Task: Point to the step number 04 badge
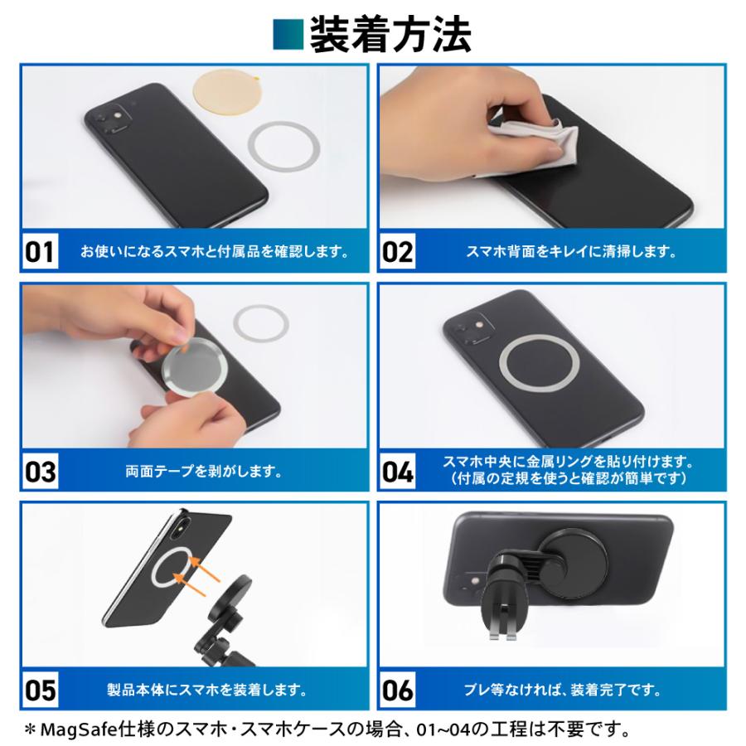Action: pos(398,472)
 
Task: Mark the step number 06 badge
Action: pos(398,690)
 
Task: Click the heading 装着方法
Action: pos(390,35)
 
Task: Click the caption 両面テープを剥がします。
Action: pos(203,472)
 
